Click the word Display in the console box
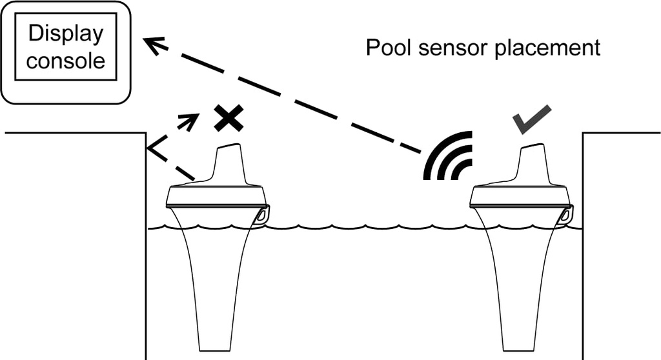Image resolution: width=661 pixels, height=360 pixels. click(x=66, y=34)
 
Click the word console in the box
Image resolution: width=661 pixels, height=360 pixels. click(x=66, y=61)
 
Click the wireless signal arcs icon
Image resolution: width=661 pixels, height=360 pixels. click(x=451, y=158)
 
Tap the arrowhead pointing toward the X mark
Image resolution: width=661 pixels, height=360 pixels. click(x=192, y=119)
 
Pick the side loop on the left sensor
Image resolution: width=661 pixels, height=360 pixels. click(x=262, y=214)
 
